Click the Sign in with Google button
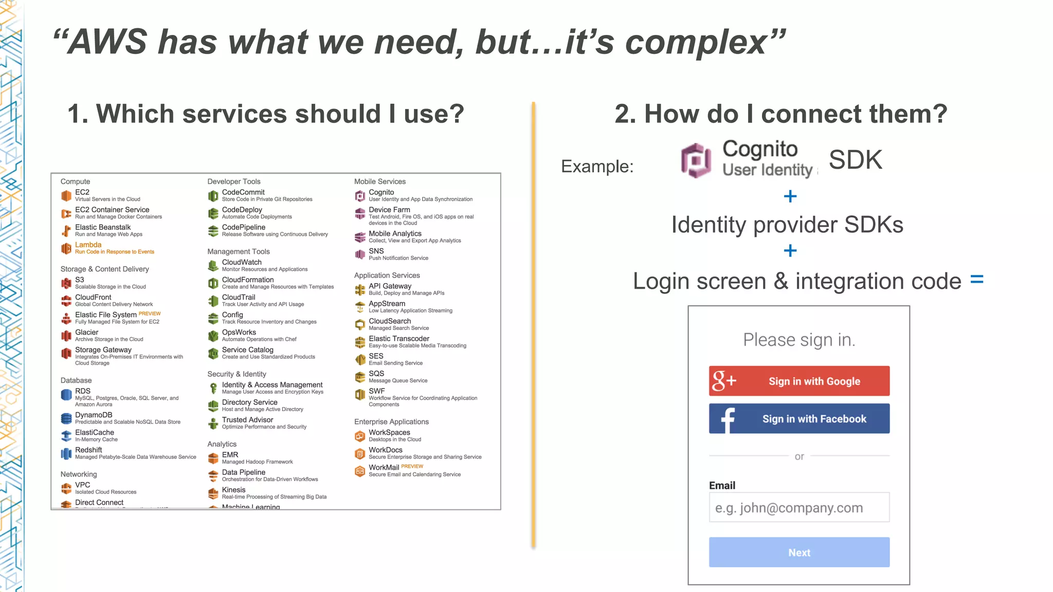[x=799, y=381]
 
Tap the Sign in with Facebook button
[x=799, y=418]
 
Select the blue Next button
[x=799, y=552]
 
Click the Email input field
[x=799, y=508]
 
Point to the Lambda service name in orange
[x=88, y=245]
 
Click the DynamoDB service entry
[x=94, y=415]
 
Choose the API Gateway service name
[x=390, y=286]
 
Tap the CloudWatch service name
[x=242, y=262]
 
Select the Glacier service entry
[x=86, y=332]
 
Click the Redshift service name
[x=88, y=450]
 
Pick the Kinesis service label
[x=233, y=490]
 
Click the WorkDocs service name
[x=386, y=450]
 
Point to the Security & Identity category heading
[x=237, y=374]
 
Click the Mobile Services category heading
[x=380, y=181]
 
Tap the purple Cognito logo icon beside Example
[x=696, y=160]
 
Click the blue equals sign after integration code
[x=977, y=280]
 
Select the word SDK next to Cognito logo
[x=856, y=160]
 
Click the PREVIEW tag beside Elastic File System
[x=150, y=313]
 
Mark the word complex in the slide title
[x=696, y=42]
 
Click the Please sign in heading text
[x=799, y=340]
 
